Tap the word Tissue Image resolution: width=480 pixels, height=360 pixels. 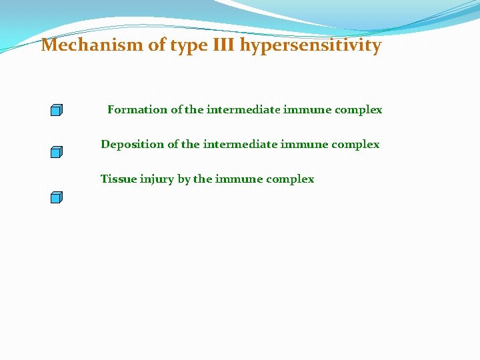[119, 179]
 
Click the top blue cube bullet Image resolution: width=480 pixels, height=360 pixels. [57, 110]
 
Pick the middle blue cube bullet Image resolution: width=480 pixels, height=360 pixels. [57, 152]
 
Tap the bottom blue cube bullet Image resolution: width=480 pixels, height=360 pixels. [57, 197]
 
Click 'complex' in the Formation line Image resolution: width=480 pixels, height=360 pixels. [361, 110]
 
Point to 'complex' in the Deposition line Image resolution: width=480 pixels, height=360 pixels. [357, 145]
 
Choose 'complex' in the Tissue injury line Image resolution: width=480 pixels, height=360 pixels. [292, 179]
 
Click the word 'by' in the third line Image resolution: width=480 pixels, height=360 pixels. [184, 179]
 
